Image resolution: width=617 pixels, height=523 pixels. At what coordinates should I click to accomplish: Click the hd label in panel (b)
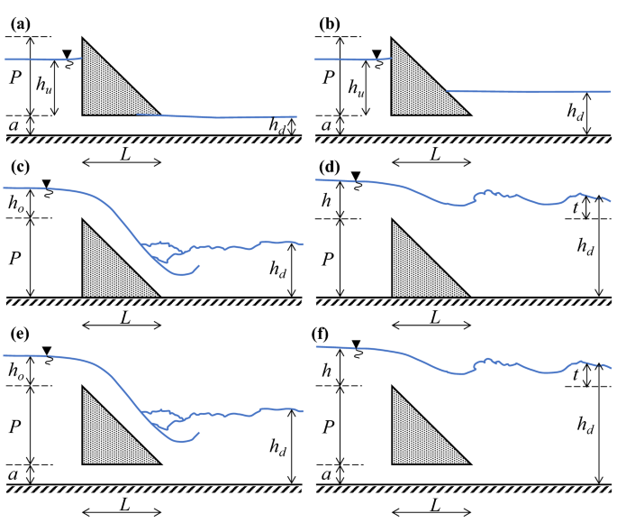click(574, 111)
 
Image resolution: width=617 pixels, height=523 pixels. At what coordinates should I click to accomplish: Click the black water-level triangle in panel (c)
click(47, 184)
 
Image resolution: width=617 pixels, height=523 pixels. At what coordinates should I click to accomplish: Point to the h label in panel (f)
click(326, 370)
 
